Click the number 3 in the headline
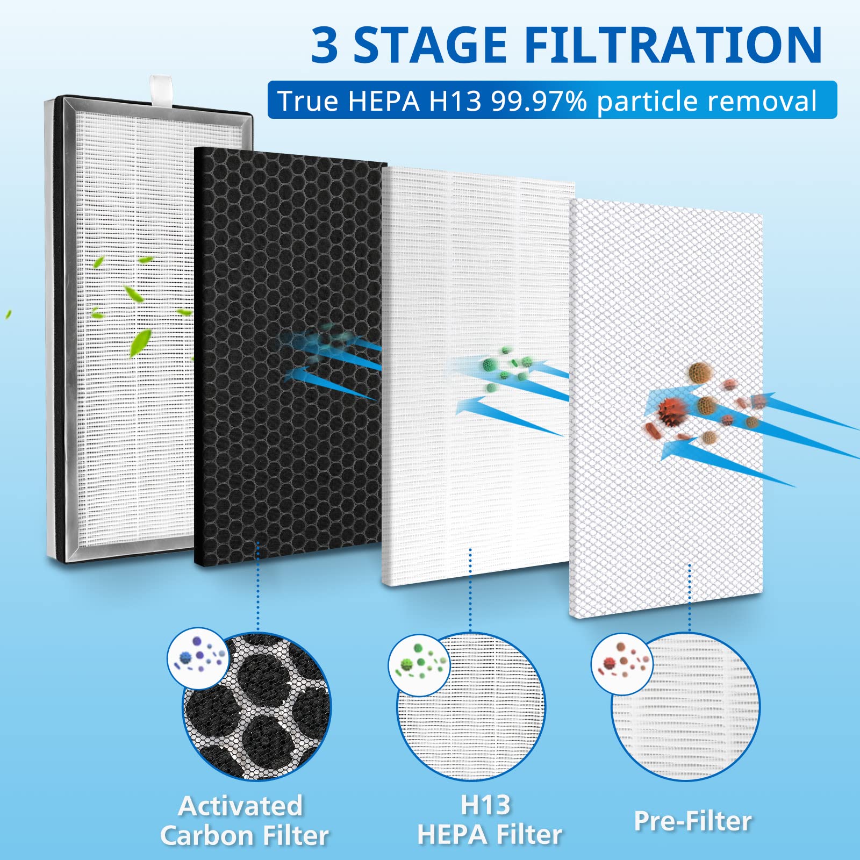[325, 46]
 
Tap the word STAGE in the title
[430, 46]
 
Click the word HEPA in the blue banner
[383, 101]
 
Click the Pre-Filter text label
[693, 821]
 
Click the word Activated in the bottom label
[241, 806]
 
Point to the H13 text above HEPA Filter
[485, 805]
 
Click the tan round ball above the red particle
[700, 371]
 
